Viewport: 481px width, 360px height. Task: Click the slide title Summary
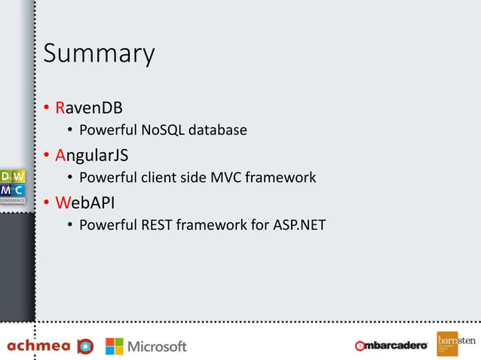coord(99,54)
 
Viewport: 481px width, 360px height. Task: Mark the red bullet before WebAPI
coord(47,203)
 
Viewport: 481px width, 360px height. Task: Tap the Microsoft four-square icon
coord(114,346)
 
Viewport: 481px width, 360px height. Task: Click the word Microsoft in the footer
coord(157,346)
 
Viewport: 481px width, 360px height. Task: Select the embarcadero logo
coord(391,346)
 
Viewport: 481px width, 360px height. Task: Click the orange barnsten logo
coord(455,344)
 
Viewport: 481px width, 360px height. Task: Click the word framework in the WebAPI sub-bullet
coord(216,225)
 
